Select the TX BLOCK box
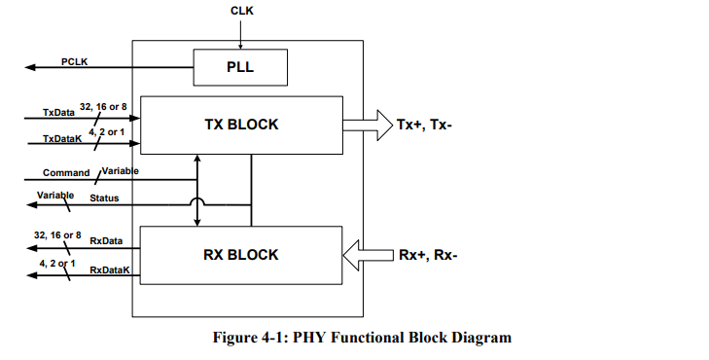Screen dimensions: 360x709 pyautogui.click(x=241, y=125)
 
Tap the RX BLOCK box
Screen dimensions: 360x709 pyautogui.click(x=241, y=255)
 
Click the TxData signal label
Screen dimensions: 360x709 pyautogui.click(x=58, y=112)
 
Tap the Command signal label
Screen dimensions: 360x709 pyautogui.click(x=66, y=172)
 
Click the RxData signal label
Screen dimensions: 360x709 pyautogui.click(x=106, y=239)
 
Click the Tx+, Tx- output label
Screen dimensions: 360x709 pyautogui.click(x=424, y=125)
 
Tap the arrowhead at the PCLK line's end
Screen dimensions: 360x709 pyautogui.click(x=30, y=68)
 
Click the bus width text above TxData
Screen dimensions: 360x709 pyautogui.click(x=104, y=105)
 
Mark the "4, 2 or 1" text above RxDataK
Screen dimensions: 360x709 pyautogui.click(x=57, y=263)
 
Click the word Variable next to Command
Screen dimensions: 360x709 pyautogui.click(x=120, y=171)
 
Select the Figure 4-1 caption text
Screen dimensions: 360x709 pyautogui.click(x=363, y=338)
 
